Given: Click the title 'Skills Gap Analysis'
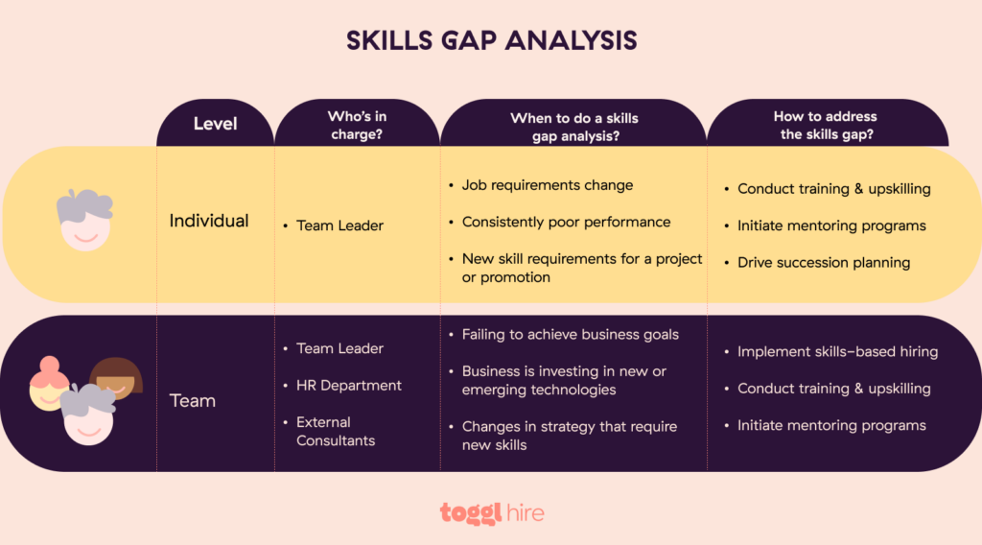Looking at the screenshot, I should (491, 40).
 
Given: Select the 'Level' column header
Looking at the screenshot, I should (215, 124).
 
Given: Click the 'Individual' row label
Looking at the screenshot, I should (209, 221).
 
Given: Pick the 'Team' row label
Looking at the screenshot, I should (193, 400).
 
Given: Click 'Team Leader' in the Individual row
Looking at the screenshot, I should (339, 225).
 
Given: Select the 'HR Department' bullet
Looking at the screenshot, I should (348, 385).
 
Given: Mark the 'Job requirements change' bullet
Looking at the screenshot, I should (547, 185).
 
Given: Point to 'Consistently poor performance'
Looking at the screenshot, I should (566, 222).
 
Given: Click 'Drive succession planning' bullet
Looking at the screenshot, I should (823, 262).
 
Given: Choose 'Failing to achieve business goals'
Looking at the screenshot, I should (570, 335).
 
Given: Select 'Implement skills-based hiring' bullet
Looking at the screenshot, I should (837, 352).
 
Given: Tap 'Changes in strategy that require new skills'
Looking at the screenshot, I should (569, 436).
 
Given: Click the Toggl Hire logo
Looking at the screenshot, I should (492, 512).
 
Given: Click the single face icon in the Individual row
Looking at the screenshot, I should (84, 221).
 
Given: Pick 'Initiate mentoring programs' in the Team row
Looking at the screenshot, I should (831, 425).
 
